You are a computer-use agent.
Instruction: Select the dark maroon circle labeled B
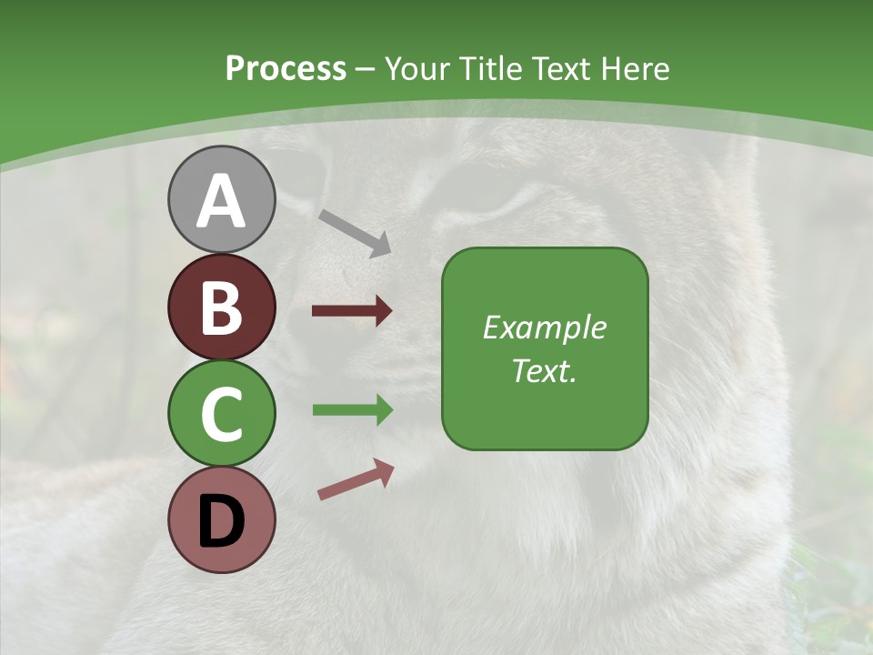pyautogui.click(x=221, y=307)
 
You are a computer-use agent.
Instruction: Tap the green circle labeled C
pyautogui.click(x=221, y=414)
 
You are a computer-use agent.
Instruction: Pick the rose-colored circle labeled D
pyautogui.click(x=221, y=519)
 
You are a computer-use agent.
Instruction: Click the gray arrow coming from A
pyautogui.click(x=355, y=233)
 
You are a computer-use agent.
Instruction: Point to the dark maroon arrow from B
pyautogui.click(x=352, y=311)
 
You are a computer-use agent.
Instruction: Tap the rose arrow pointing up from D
pyautogui.click(x=356, y=479)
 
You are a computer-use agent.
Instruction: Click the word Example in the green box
pyautogui.click(x=544, y=327)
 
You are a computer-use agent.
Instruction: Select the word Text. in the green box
pyautogui.click(x=544, y=370)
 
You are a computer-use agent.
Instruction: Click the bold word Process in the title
pyautogui.click(x=286, y=69)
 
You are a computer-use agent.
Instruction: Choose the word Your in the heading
pyautogui.click(x=419, y=69)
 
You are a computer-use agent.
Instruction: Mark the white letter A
pyautogui.click(x=221, y=201)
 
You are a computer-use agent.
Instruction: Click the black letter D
pyautogui.click(x=221, y=520)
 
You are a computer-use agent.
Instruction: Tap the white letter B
pyautogui.click(x=221, y=307)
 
